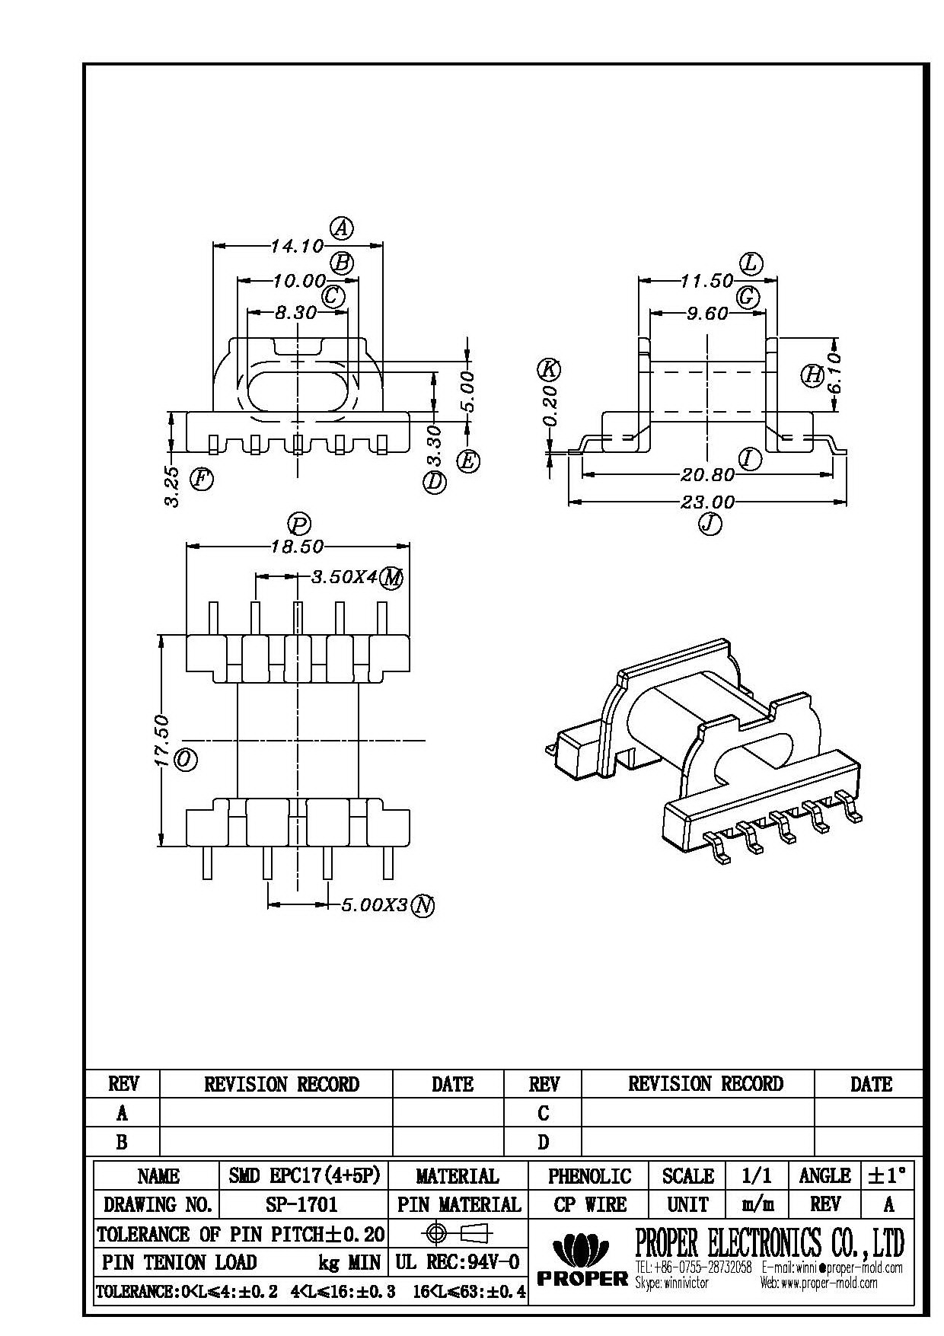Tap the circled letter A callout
click(x=342, y=227)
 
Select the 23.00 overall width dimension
click(x=708, y=502)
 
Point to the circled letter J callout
click(x=710, y=524)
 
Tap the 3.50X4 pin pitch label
click(x=344, y=577)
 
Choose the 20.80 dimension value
click(x=708, y=475)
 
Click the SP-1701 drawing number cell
click(x=303, y=1204)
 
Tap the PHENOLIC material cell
click(x=589, y=1176)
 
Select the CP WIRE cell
click(x=589, y=1204)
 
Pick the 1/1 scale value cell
click(x=757, y=1176)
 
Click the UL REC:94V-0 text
click(x=457, y=1262)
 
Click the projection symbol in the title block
click(x=457, y=1233)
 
